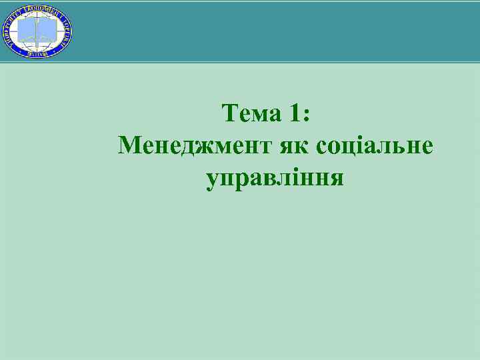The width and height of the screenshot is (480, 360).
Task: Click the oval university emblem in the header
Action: (x=37, y=31)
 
